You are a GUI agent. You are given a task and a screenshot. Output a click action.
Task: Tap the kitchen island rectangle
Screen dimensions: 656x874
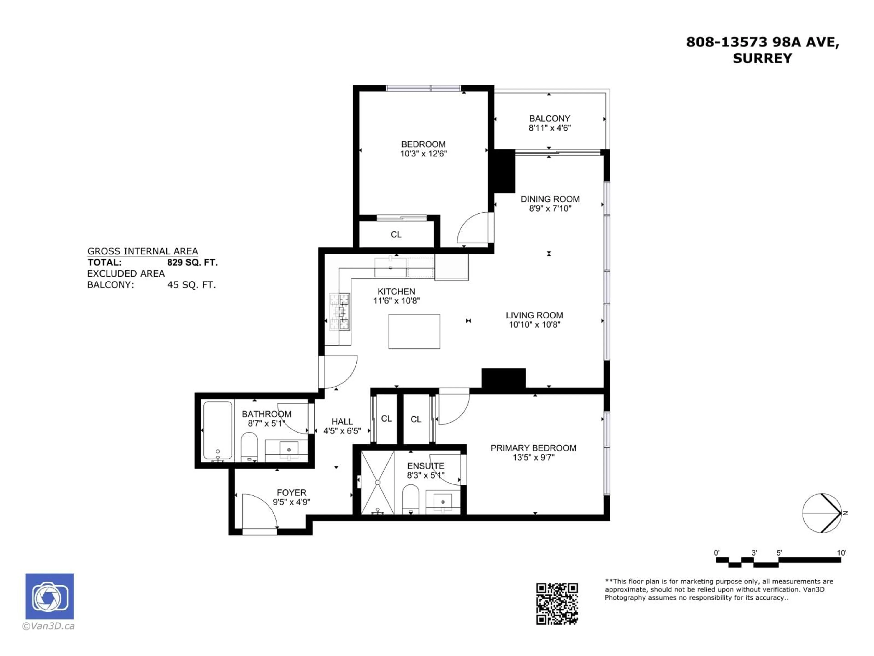point(414,331)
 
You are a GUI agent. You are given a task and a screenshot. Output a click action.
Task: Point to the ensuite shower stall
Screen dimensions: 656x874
point(377,482)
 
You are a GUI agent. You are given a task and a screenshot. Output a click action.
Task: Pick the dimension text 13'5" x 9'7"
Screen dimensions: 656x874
point(534,458)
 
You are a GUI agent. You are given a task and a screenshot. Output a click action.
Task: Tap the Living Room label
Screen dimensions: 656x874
point(534,315)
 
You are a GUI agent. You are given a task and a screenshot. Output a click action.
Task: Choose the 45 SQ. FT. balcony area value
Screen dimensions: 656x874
point(191,285)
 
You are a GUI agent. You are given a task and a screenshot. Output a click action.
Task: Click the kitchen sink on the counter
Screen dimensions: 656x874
point(390,267)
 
